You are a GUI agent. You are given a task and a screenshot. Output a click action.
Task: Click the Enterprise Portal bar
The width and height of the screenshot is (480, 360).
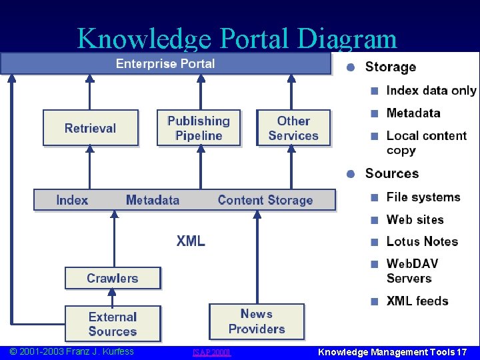tap(165, 64)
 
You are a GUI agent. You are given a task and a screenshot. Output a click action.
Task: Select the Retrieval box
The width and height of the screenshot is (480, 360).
tap(90, 128)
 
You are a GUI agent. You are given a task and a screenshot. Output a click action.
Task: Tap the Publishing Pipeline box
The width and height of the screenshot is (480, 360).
tap(199, 128)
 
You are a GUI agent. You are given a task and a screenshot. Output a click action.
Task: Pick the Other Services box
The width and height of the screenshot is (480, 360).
tap(293, 128)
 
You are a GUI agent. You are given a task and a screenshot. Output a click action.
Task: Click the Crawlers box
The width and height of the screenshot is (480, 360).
tap(113, 278)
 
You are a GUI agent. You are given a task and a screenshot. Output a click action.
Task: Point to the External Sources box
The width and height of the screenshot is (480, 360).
tap(113, 324)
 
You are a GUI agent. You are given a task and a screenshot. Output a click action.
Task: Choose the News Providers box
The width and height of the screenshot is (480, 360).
tap(257, 321)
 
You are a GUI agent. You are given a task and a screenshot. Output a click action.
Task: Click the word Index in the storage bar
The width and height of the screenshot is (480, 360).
tap(72, 200)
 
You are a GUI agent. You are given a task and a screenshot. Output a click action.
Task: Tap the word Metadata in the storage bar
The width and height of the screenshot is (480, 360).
tap(153, 200)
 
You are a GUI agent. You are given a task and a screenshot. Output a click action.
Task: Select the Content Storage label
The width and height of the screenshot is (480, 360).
tap(265, 200)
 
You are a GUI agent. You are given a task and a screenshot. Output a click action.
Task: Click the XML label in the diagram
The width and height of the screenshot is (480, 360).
tap(191, 241)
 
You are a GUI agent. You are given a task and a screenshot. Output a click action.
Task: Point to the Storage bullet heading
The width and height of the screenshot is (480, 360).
tap(391, 67)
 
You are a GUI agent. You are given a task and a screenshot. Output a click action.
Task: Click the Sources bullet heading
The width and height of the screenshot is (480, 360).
tap(392, 173)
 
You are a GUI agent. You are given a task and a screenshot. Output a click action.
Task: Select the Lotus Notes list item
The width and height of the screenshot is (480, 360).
tap(422, 241)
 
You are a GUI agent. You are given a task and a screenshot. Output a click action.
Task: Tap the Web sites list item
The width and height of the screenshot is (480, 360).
tap(415, 219)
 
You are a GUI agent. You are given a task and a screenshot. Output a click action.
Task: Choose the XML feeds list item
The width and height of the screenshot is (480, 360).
tap(417, 301)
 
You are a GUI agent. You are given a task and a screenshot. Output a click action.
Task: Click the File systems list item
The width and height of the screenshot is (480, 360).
tap(423, 197)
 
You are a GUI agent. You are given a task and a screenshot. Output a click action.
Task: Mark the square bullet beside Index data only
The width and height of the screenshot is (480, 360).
tap(375, 91)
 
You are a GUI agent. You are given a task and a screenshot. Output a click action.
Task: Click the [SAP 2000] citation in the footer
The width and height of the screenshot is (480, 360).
tap(211, 352)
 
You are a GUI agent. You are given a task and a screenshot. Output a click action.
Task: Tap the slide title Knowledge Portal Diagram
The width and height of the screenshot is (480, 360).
tap(237, 39)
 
